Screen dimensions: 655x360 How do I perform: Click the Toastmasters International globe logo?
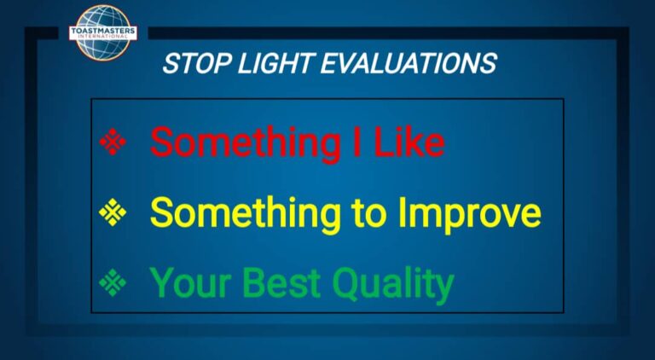103,32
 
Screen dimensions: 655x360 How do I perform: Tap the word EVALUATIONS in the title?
409,63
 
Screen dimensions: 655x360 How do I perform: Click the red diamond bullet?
113,142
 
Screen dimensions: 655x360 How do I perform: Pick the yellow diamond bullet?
113,212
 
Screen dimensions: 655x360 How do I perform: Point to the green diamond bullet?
113,282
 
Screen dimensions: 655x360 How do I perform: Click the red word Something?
246,144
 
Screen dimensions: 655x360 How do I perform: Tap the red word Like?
409,142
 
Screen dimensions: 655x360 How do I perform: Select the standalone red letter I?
357,142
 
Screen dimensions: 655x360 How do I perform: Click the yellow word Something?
246,215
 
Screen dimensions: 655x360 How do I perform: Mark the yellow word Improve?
470,215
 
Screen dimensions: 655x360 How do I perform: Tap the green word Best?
282,282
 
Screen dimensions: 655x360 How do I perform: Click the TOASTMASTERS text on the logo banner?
102,31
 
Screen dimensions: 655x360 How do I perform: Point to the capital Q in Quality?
348,283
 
